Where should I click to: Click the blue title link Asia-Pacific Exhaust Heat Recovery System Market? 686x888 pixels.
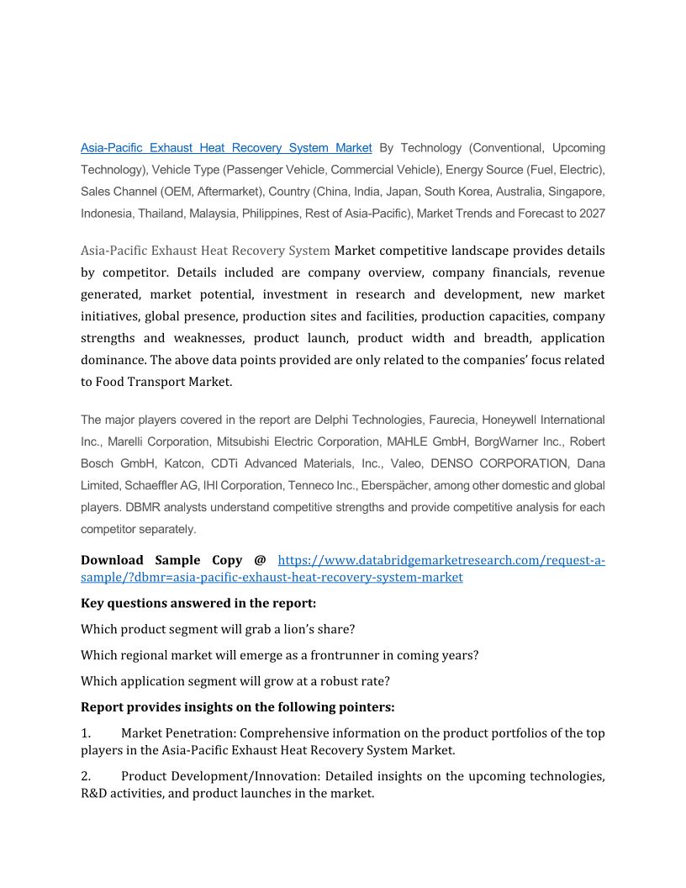point(226,148)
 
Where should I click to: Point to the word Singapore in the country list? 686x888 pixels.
point(577,192)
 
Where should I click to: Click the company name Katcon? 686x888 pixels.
point(182,463)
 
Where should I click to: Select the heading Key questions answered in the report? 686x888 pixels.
point(198,603)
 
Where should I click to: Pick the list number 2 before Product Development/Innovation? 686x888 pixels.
point(85,776)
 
